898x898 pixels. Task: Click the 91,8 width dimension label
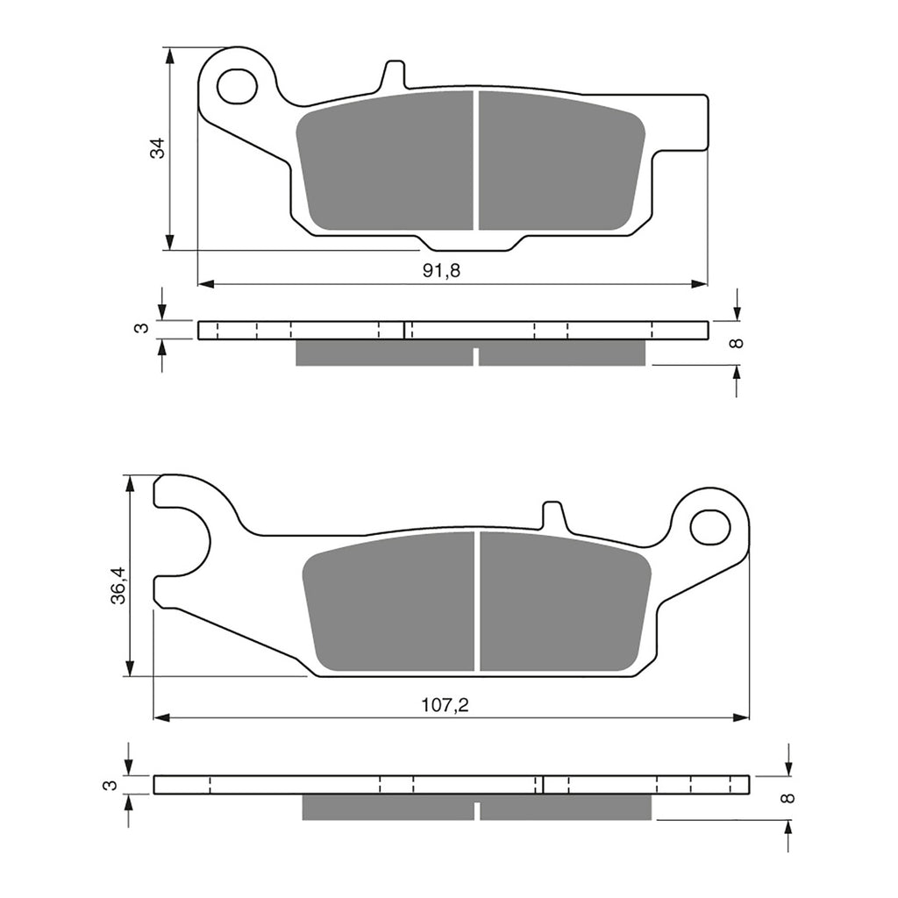pyautogui.click(x=441, y=271)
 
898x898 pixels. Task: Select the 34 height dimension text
pyautogui.click(x=157, y=148)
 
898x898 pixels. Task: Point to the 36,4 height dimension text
pyautogui.click(x=118, y=585)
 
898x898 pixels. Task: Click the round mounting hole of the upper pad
pyautogui.click(x=237, y=86)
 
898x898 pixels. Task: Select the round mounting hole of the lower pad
pyautogui.click(x=709, y=526)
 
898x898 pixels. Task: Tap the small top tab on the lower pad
pyautogui.click(x=552, y=516)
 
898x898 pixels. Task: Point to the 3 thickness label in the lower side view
pyautogui.click(x=108, y=785)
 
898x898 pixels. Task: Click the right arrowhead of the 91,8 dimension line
pyautogui.click(x=699, y=284)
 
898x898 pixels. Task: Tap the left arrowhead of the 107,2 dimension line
pyautogui.click(x=161, y=717)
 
